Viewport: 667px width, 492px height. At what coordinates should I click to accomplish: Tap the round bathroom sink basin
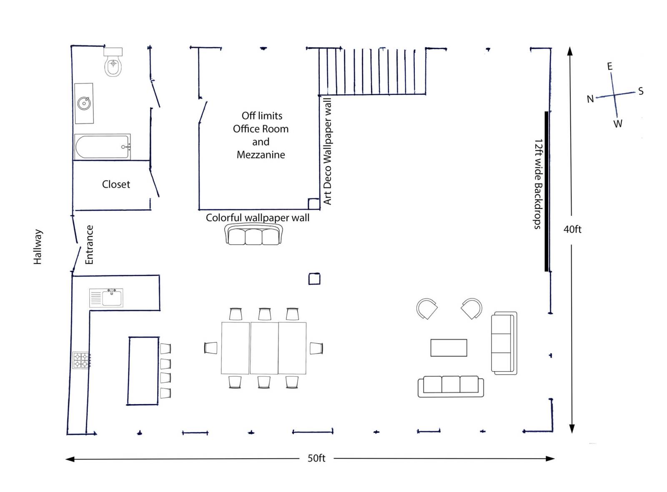(84, 103)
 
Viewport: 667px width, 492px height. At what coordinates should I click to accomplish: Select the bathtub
(102, 147)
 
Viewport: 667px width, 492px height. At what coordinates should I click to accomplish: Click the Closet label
(116, 184)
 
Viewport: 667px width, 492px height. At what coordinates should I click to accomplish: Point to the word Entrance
(89, 245)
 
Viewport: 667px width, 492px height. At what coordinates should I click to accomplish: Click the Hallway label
(38, 247)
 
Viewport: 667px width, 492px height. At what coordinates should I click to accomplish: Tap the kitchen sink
(106, 297)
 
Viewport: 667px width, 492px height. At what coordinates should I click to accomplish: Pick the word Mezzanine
(261, 155)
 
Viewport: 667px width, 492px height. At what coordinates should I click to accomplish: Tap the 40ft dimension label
(572, 229)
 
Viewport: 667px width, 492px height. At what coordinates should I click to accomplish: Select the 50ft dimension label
(316, 458)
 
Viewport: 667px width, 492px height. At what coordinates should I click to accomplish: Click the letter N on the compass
(590, 99)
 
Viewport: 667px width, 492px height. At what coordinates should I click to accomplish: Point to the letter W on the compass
(618, 124)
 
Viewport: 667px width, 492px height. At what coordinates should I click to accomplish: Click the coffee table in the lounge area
(449, 348)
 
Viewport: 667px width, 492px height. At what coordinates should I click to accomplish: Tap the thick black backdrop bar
(547, 192)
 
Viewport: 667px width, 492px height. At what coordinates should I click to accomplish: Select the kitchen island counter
(143, 371)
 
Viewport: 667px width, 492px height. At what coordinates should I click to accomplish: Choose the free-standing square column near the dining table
(314, 279)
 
